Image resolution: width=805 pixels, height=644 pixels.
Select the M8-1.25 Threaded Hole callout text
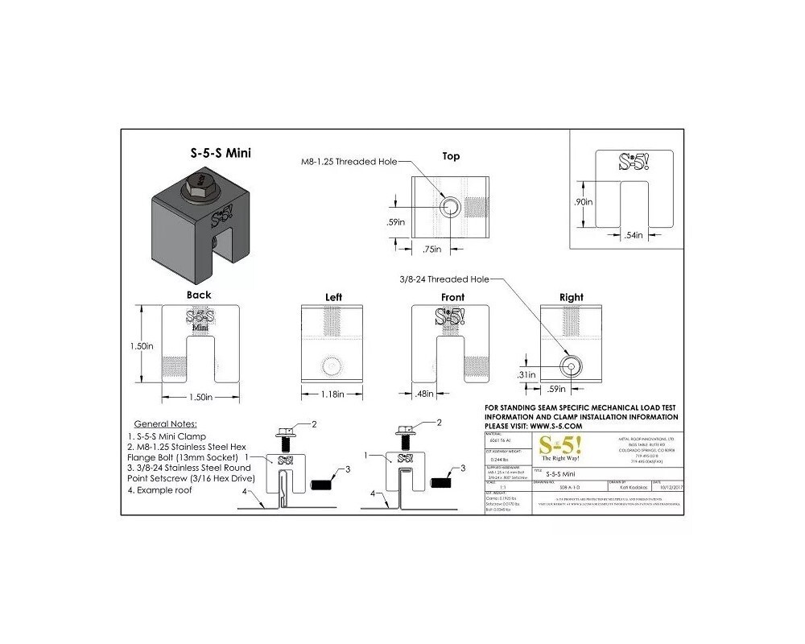(344, 162)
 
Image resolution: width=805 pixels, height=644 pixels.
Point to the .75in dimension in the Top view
(433, 250)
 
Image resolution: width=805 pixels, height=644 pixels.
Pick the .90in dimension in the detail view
(584, 203)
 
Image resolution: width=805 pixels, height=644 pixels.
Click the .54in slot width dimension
(634, 234)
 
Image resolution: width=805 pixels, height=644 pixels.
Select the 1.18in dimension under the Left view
(333, 394)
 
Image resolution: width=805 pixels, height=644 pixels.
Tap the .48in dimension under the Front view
(423, 394)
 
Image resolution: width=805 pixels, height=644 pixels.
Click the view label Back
(199, 295)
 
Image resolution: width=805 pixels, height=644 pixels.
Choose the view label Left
(333, 297)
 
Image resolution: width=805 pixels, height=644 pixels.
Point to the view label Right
(571, 297)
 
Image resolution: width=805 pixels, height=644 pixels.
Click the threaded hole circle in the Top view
(451, 208)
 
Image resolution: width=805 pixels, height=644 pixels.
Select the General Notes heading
(164, 423)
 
